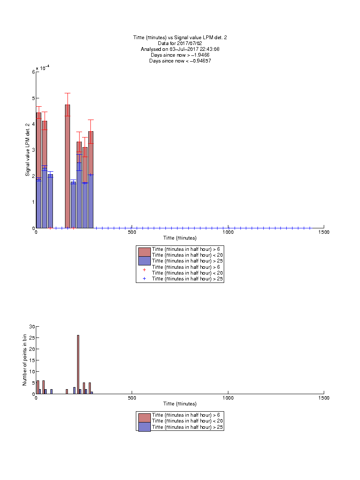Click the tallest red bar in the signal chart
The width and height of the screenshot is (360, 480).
pyautogui.click(x=67, y=166)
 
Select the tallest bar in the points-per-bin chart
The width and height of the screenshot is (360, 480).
pyautogui.click(x=78, y=364)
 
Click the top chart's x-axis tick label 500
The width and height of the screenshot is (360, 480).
pyautogui.click(x=132, y=232)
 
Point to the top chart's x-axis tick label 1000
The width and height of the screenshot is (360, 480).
pyautogui.click(x=228, y=232)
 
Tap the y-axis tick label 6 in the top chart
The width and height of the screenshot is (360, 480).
pyautogui.click(x=33, y=72)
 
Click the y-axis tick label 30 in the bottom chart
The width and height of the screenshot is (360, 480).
pyautogui.click(x=32, y=327)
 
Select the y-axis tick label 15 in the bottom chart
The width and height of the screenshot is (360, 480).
pyautogui.click(x=32, y=360)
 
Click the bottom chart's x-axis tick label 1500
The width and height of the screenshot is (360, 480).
pyautogui.click(x=324, y=398)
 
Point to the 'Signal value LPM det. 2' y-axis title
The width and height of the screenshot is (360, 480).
pyautogui.click(x=27, y=150)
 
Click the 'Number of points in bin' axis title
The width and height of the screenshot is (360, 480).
pyautogui.click(x=25, y=360)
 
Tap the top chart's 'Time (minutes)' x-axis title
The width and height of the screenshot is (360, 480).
pyautogui.click(x=180, y=238)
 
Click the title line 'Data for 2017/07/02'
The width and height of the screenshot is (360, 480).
pyautogui.click(x=180, y=43)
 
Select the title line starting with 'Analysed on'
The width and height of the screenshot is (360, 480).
pyautogui.click(x=180, y=49)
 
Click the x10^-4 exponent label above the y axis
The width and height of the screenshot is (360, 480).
pyautogui.click(x=42, y=68)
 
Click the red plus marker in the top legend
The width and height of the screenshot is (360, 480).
pyautogui.click(x=145, y=270)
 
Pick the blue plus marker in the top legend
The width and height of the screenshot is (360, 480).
pyautogui.click(x=145, y=279)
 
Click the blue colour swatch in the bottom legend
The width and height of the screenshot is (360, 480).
pyautogui.click(x=145, y=427)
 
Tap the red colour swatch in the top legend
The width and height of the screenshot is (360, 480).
pyautogui.click(x=145, y=252)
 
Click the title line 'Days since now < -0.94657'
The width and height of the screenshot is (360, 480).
pyautogui.click(x=180, y=60)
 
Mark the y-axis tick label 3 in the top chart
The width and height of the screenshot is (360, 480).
pyautogui.click(x=33, y=150)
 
